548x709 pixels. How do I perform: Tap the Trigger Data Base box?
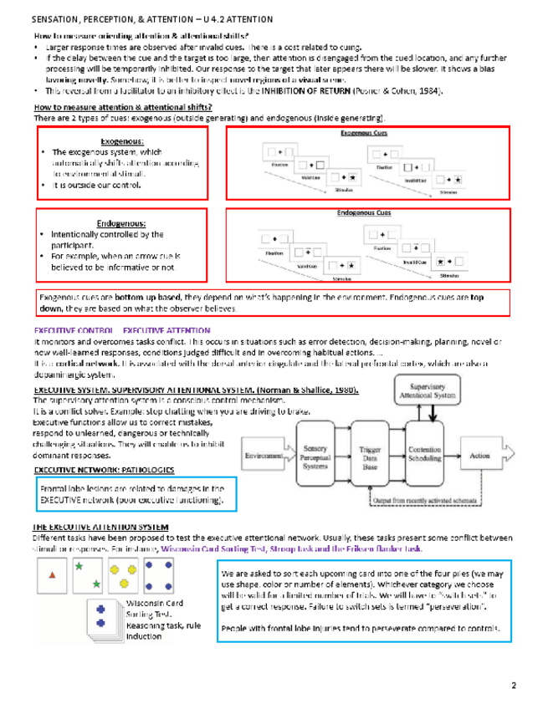click(x=370, y=456)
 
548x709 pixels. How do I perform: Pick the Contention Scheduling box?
click(x=428, y=456)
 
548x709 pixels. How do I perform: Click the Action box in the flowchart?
click(x=479, y=456)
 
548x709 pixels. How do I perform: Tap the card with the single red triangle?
click(x=52, y=576)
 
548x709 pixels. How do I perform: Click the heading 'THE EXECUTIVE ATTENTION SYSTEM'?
click(x=101, y=526)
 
